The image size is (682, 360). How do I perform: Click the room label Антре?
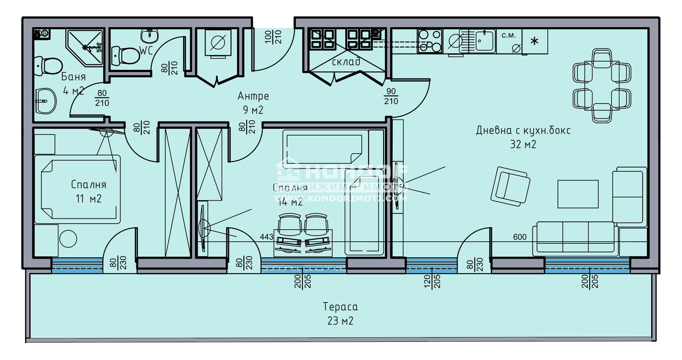click(253, 96)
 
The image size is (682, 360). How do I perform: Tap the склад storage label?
click(346, 62)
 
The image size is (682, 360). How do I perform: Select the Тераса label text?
click(340, 307)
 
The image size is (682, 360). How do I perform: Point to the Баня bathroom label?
click(73, 77)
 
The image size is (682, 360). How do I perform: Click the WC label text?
click(146, 50)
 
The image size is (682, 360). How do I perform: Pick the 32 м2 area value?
click(523, 144)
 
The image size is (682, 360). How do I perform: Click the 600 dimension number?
click(520, 237)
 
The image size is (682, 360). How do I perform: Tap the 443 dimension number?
click(266, 236)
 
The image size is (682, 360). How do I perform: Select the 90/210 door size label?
click(391, 97)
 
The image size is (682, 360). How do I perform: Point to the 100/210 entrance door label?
click(273, 37)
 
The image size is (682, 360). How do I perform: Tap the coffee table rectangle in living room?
click(578, 194)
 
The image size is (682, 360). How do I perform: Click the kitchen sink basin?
click(485, 40)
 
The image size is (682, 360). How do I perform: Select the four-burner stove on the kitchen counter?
click(430, 40)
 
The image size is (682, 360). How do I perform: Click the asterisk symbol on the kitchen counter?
click(535, 41)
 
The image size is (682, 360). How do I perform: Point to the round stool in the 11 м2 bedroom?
click(68, 239)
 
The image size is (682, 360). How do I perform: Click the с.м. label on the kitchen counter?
click(509, 35)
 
